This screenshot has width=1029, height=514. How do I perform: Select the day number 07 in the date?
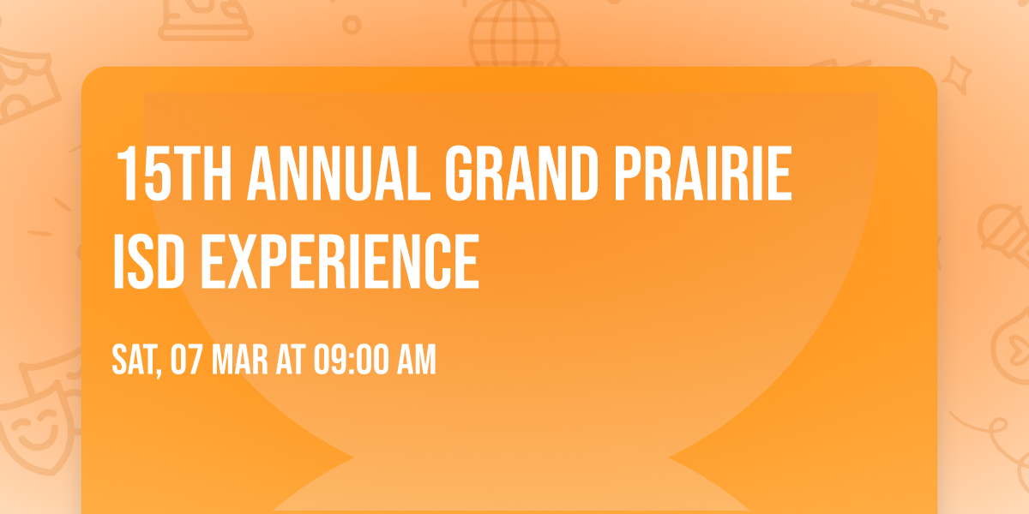point(186,360)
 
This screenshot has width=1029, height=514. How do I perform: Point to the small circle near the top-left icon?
point(352,26)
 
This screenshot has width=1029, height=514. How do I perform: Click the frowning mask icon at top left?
point(21,86)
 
